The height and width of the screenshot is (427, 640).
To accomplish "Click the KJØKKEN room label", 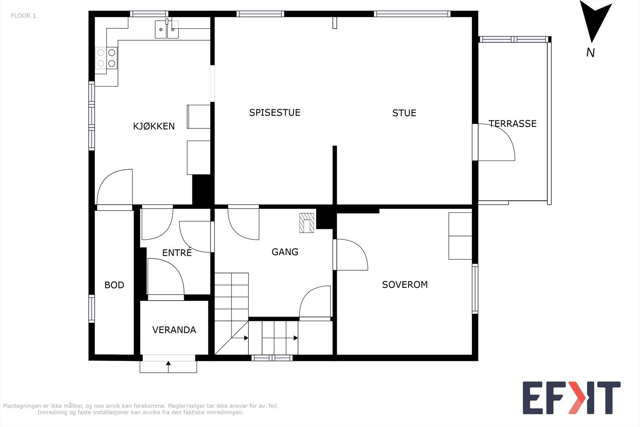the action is coord(154,126).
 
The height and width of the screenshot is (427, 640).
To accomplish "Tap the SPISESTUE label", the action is coord(274,112).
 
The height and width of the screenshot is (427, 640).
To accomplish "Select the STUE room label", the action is coord(404,113).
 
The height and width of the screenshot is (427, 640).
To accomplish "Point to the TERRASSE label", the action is coord(512,124).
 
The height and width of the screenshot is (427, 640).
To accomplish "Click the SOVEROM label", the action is coord(405,285).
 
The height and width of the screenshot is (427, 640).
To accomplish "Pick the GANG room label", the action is coord(285,252).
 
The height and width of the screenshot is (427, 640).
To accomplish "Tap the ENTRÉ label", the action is coord(177,253).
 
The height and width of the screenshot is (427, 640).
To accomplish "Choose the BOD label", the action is coord(114,285).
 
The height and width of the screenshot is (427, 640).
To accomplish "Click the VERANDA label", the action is coord(174,330).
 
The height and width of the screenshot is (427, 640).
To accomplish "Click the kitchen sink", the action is coord(167,29).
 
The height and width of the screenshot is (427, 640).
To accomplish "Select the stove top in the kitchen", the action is coord(106,58).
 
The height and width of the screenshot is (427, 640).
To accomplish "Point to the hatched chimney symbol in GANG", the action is coord(306,223).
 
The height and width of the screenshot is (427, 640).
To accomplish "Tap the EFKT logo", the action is coord(572,397).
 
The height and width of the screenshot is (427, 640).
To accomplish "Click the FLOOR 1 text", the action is coord(24,16).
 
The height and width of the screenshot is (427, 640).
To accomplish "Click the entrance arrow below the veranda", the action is coord(168,367).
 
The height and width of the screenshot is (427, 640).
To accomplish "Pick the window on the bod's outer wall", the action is coord(92,309).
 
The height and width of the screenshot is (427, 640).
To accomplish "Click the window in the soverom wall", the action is coord(475,289).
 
